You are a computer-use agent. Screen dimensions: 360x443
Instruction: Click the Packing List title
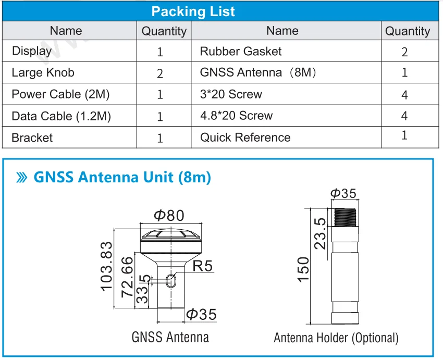(x=193, y=11)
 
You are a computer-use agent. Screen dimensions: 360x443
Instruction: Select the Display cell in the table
(x=32, y=51)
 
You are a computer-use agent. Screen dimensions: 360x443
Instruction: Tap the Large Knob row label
(x=43, y=73)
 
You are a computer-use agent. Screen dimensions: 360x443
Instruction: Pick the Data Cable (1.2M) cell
(x=61, y=116)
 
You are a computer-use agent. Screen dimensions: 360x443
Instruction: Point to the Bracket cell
(x=32, y=138)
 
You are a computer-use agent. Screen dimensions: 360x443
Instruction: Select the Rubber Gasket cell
(x=241, y=51)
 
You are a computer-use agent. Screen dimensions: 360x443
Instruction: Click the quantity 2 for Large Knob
(x=160, y=73)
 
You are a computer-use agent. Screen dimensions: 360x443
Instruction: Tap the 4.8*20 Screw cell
(x=236, y=116)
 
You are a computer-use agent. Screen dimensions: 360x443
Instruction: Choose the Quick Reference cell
(x=245, y=138)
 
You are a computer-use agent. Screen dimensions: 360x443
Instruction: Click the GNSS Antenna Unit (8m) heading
(x=122, y=177)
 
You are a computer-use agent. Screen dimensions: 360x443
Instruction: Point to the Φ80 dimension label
(x=169, y=215)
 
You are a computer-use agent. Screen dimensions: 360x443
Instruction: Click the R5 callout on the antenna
(x=202, y=266)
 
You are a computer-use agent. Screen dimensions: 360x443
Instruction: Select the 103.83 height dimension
(x=106, y=266)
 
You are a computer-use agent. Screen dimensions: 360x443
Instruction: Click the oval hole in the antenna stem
(x=171, y=281)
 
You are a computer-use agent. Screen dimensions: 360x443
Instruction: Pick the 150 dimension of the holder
(x=303, y=269)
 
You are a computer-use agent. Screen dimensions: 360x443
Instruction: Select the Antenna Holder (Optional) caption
(x=336, y=338)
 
